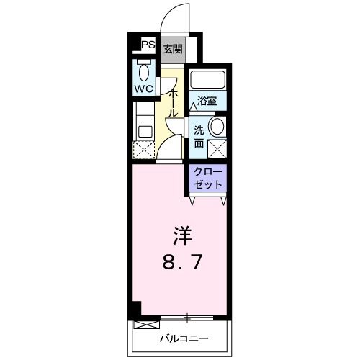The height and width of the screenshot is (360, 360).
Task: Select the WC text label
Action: click(x=144, y=90)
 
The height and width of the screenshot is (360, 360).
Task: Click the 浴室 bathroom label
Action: click(x=207, y=102)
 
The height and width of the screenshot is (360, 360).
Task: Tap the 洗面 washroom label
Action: click(x=199, y=136)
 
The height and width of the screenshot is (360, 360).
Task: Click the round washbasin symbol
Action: click(x=215, y=127)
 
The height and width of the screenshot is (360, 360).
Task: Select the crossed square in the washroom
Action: click(x=217, y=149)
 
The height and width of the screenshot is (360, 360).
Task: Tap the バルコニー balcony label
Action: click(x=184, y=338)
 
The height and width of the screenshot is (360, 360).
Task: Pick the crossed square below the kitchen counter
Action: click(x=144, y=150)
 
